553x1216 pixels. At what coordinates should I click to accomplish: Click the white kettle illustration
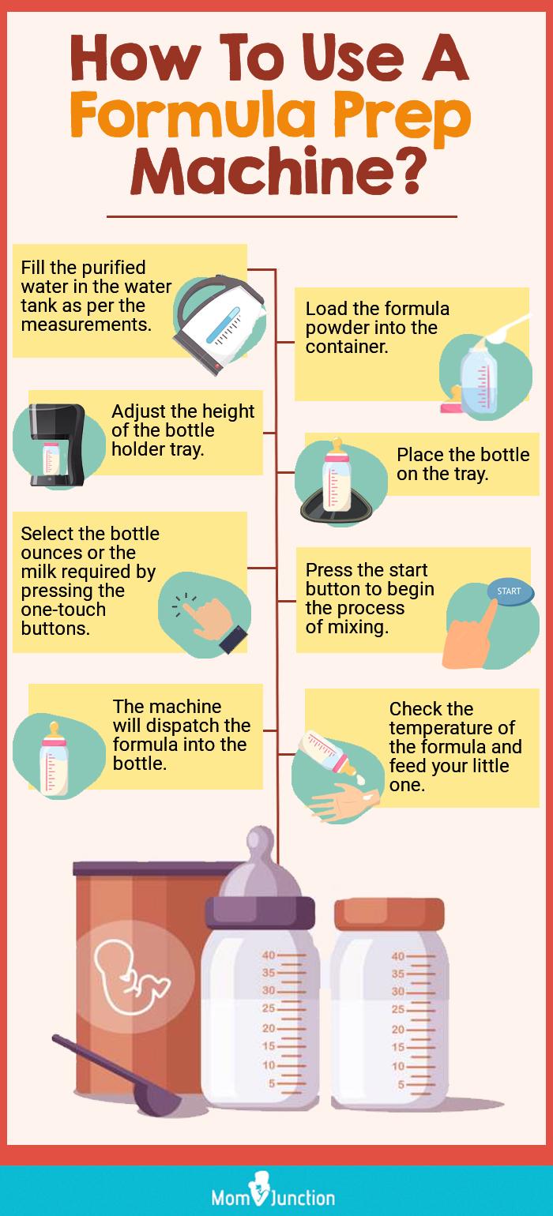point(220,324)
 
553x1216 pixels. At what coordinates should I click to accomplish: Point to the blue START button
point(509,591)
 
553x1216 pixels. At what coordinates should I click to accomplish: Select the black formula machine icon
point(57,444)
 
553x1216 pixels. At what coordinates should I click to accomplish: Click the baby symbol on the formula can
point(131,978)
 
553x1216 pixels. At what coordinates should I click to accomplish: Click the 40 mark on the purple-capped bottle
point(269,955)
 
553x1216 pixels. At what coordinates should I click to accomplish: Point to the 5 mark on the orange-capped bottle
point(401,1084)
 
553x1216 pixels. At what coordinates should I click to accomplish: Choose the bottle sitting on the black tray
point(337,475)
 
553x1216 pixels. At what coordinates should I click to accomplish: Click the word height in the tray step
point(227,412)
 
